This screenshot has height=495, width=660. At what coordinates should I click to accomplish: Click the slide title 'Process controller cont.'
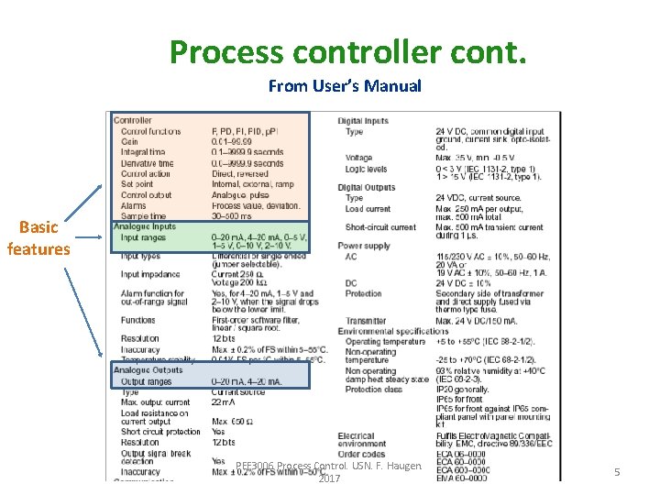[347, 52]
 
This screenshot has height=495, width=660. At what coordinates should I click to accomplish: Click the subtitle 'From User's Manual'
[345, 87]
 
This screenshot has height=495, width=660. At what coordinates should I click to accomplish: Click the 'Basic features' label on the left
[38, 238]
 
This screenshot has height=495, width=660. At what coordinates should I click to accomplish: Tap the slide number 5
[617, 472]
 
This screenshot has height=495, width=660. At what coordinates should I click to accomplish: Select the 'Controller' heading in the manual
[133, 120]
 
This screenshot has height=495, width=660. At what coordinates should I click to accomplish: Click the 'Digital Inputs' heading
[363, 121]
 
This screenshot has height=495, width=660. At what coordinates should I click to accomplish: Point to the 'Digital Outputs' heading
[366, 187]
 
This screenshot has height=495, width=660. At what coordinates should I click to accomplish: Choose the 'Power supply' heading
[364, 246]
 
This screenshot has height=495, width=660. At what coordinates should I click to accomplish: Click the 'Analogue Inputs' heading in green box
[145, 226]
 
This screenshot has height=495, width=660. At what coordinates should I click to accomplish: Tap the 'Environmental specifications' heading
[393, 331]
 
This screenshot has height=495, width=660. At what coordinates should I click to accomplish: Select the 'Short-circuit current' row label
[380, 227]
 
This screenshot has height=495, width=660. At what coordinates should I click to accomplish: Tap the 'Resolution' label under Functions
[140, 338]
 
